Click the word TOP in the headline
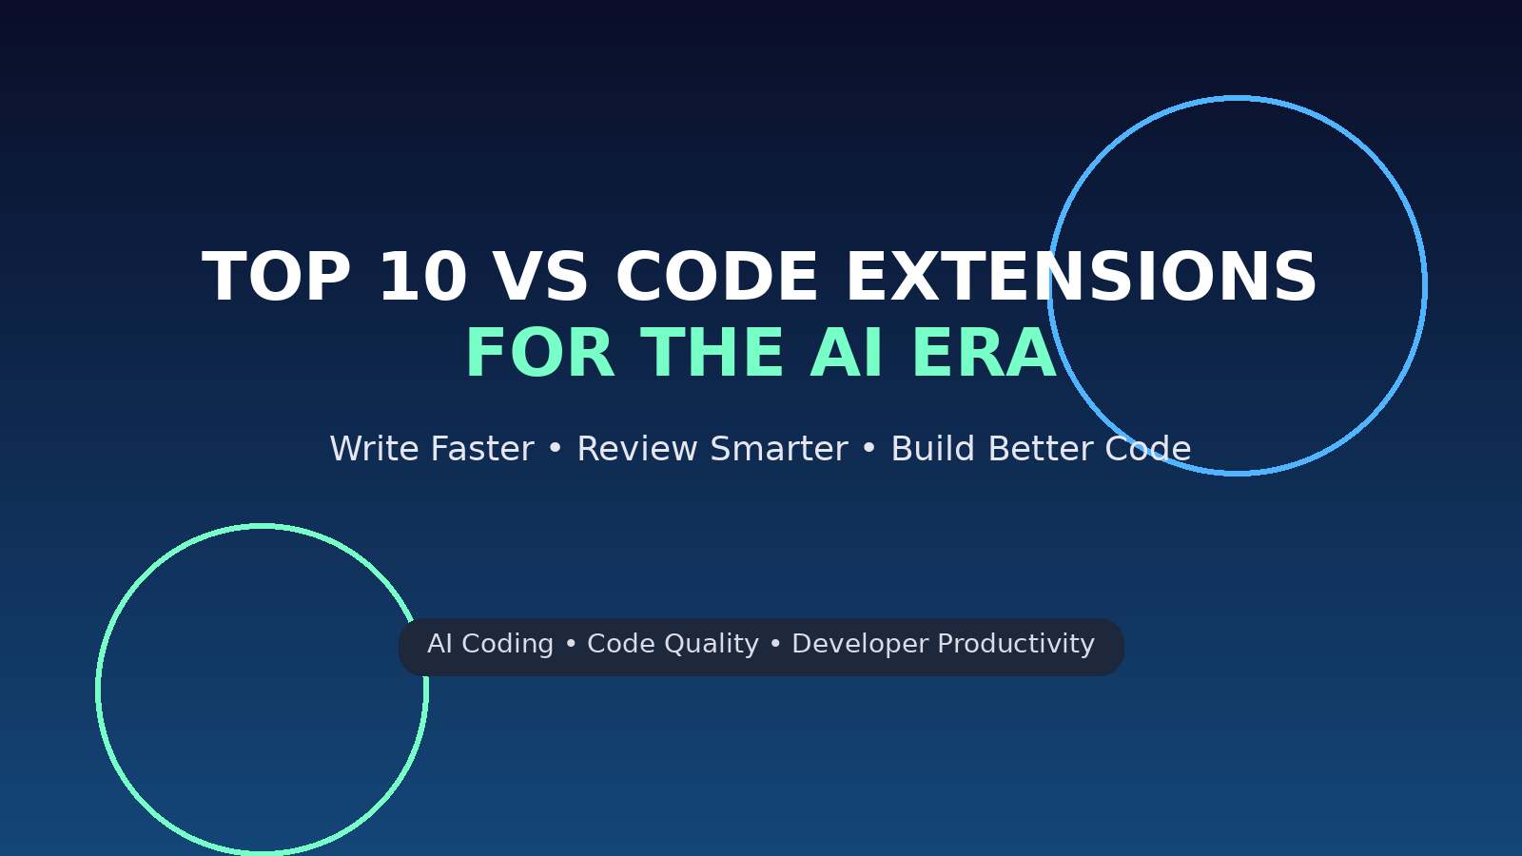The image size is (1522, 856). (x=277, y=277)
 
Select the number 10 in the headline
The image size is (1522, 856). (x=422, y=277)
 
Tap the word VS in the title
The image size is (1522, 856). (x=540, y=277)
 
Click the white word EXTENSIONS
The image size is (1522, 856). (x=1081, y=277)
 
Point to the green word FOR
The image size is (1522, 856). (x=540, y=353)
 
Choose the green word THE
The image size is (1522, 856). (x=712, y=353)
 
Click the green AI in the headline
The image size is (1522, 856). (x=847, y=353)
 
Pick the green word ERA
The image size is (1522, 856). (x=984, y=353)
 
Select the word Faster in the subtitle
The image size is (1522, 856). (x=482, y=449)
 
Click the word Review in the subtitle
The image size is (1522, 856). (x=637, y=449)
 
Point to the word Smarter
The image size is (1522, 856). (x=779, y=449)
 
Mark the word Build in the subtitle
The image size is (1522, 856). (x=933, y=449)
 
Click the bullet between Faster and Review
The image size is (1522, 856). (x=556, y=449)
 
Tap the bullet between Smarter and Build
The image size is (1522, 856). (x=869, y=449)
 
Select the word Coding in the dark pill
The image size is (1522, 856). (x=508, y=644)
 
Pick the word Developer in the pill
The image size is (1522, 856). (x=860, y=644)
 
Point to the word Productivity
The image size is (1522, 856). (x=1016, y=644)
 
